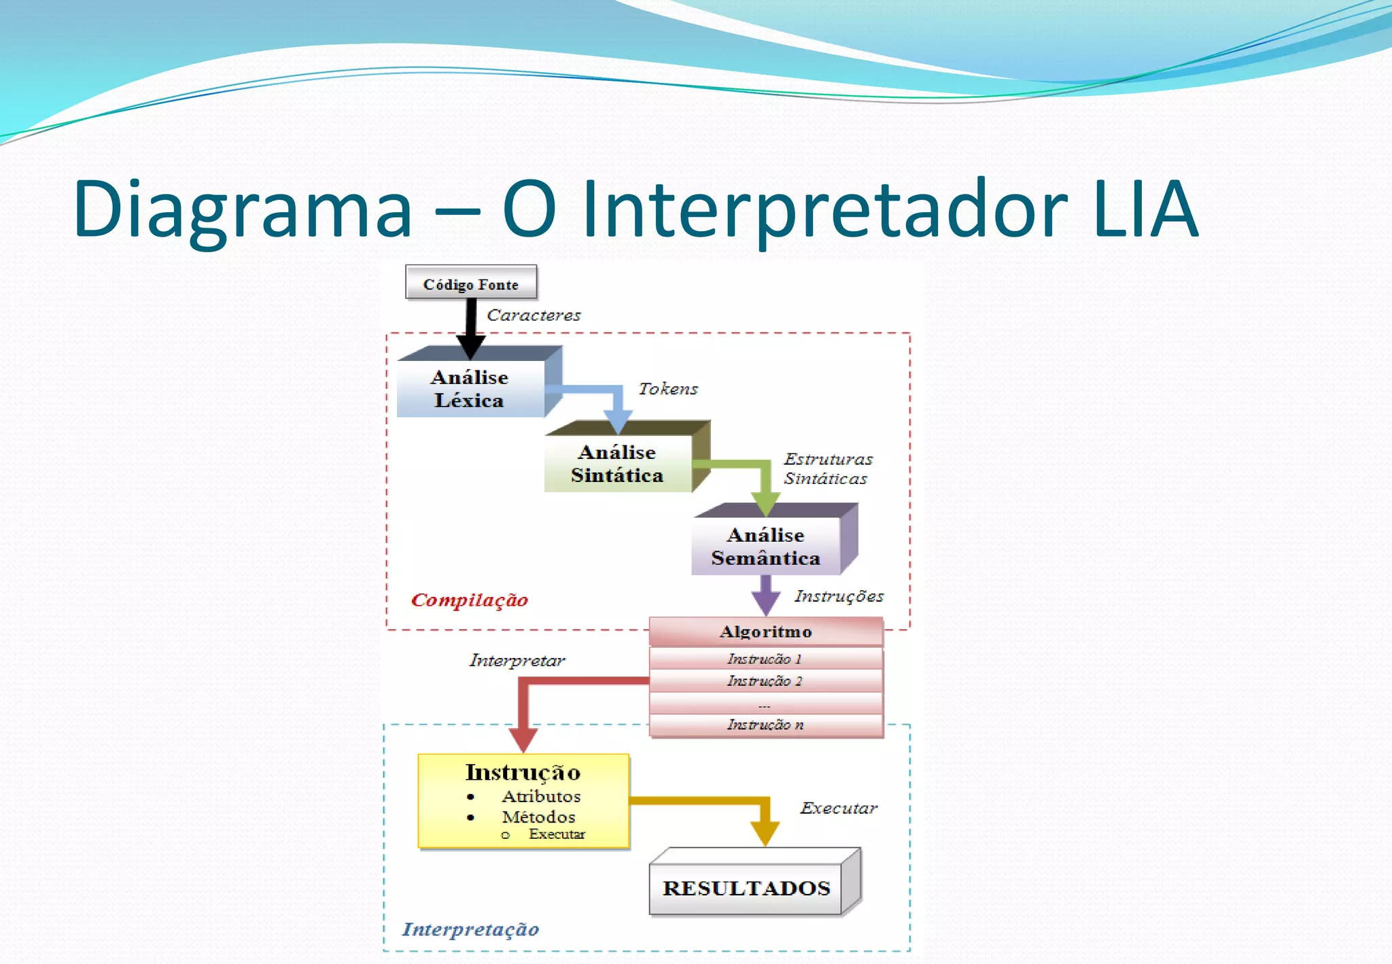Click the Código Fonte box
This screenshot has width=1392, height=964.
(x=471, y=283)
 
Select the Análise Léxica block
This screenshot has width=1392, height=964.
(x=470, y=388)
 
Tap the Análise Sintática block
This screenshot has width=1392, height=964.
(x=617, y=463)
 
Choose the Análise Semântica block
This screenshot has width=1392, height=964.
(x=765, y=546)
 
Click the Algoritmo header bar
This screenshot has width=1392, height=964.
(x=765, y=632)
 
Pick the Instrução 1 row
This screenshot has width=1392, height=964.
(x=765, y=658)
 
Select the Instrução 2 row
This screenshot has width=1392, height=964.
(x=765, y=681)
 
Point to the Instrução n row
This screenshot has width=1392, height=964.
(x=765, y=725)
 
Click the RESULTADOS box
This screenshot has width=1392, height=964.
(x=746, y=888)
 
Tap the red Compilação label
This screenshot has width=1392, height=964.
(x=470, y=600)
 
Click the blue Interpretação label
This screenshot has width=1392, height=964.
(x=470, y=929)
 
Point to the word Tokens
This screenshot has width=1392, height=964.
(x=668, y=389)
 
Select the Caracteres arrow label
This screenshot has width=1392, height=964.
(x=534, y=315)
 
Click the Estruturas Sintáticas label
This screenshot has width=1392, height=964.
(x=827, y=468)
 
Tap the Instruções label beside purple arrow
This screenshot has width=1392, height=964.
(x=839, y=596)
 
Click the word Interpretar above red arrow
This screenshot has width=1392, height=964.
(x=517, y=660)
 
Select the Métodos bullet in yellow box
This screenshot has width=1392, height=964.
(x=538, y=816)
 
